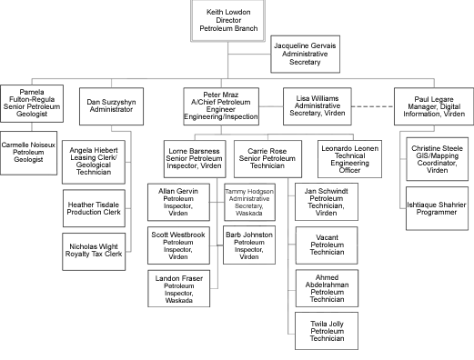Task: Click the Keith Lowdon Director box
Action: tap(228, 20)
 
